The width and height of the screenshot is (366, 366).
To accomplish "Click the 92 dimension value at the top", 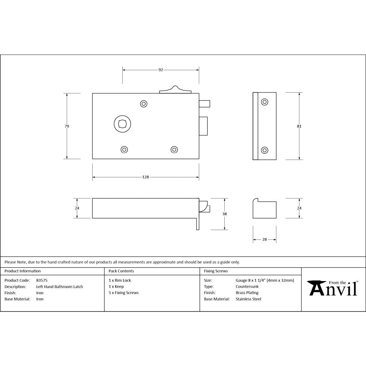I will pyautogui.click(x=161, y=70).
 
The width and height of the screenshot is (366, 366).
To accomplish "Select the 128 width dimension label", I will pyautogui.click(x=146, y=177).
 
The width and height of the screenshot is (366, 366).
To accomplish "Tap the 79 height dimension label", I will pyautogui.click(x=67, y=126).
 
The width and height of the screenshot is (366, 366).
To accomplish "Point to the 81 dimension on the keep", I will pyautogui.click(x=299, y=126).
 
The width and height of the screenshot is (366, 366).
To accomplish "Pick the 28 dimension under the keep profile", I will pyautogui.click(x=264, y=239).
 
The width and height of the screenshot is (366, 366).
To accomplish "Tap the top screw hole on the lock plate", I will pyautogui.click(x=144, y=104).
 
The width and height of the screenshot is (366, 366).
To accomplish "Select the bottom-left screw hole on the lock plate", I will pyautogui.click(x=124, y=149).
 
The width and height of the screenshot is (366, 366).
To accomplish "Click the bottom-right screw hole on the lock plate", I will pyautogui.click(x=174, y=149).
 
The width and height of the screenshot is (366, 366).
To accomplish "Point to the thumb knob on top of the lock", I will pyautogui.click(x=175, y=90).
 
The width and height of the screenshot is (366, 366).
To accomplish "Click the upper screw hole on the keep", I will pyautogui.click(x=264, y=102).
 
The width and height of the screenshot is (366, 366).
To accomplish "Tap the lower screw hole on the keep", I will pyautogui.click(x=264, y=150).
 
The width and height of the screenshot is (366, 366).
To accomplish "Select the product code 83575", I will pyautogui.click(x=42, y=280).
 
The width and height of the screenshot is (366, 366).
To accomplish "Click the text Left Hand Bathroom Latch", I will pyautogui.click(x=60, y=287).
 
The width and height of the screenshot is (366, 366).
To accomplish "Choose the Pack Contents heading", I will pyautogui.click(x=121, y=271).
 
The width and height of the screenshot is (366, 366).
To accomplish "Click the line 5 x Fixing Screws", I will pyautogui.click(x=123, y=293).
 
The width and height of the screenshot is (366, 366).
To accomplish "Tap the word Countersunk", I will pyautogui.click(x=247, y=287).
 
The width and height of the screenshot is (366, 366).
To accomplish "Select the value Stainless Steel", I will pyautogui.click(x=248, y=299).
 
